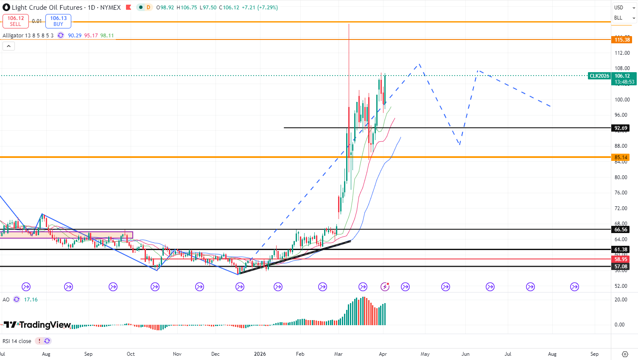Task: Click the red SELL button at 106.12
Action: coord(16,21)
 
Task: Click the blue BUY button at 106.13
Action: coord(58,21)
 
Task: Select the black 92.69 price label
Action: coord(621,128)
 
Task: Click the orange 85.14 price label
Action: coord(621,157)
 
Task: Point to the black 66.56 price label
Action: coord(621,230)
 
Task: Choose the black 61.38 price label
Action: coord(621,250)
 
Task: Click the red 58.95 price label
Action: coord(621,259)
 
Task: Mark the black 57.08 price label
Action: coord(621,267)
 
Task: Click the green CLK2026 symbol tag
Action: coord(599,76)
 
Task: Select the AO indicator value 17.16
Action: coord(31,300)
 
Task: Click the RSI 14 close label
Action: coord(17,341)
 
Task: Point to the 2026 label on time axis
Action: coord(260,354)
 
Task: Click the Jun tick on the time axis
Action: coord(465,354)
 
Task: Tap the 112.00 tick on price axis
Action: coord(622,53)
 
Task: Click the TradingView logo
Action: coord(37,325)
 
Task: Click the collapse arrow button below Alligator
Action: coord(8,46)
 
